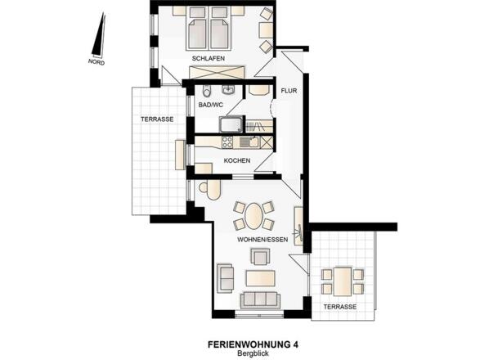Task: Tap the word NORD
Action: (x=97, y=61)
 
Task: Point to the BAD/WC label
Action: (x=211, y=106)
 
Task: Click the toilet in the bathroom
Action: (x=207, y=89)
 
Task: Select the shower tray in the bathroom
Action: (x=231, y=124)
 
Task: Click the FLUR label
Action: (x=288, y=91)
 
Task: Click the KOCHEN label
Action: (x=236, y=160)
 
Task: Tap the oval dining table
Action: (x=254, y=217)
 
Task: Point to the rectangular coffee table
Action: (x=261, y=277)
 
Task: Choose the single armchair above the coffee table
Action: (x=261, y=258)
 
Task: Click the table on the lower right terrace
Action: (x=341, y=280)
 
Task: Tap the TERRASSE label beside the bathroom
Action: (x=156, y=119)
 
